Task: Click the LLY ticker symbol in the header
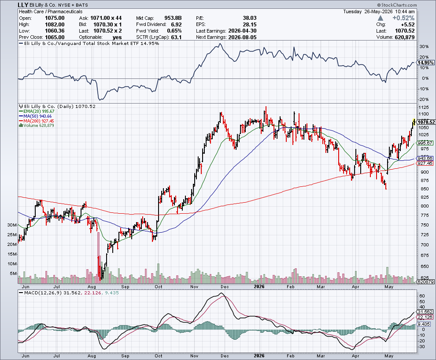pyautogui.click(x=23, y=5)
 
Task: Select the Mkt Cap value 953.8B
pyautogui.click(x=173, y=18)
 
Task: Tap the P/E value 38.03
pyautogui.click(x=249, y=18)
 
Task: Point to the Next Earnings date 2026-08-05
pyautogui.click(x=242, y=37)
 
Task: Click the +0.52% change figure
pyautogui.click(x=403, y=18)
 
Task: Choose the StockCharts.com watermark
pyautogui.click(x=397, y=5)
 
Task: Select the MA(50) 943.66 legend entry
pyautogui.click(x=35, y=116)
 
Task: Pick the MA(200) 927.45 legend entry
pyautogui.click(x=37, y=121)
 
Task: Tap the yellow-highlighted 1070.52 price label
pyautogui.click(x=426, y=122)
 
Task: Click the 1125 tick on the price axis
pyautogui.click(x=423, y=108)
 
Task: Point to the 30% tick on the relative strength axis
pyautogui.click(x=424, y=47)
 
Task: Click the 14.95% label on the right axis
pyautogui.click(x=425, y=63)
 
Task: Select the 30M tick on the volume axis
pyautogui.click(x=12, y=225)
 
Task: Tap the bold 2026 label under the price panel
pyautogui.click(x=259, y=286)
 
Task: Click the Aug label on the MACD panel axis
pyautogui.click(x=92, y=356)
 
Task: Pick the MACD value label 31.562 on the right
pyautogui.click(x=425, y=312)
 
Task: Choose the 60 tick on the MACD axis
pyautogui.click(x=422, y=296)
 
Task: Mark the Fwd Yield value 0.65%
pyautogui.click(x=174, y=31)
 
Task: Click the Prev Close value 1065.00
pyautogui.click(x=55, y=37)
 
